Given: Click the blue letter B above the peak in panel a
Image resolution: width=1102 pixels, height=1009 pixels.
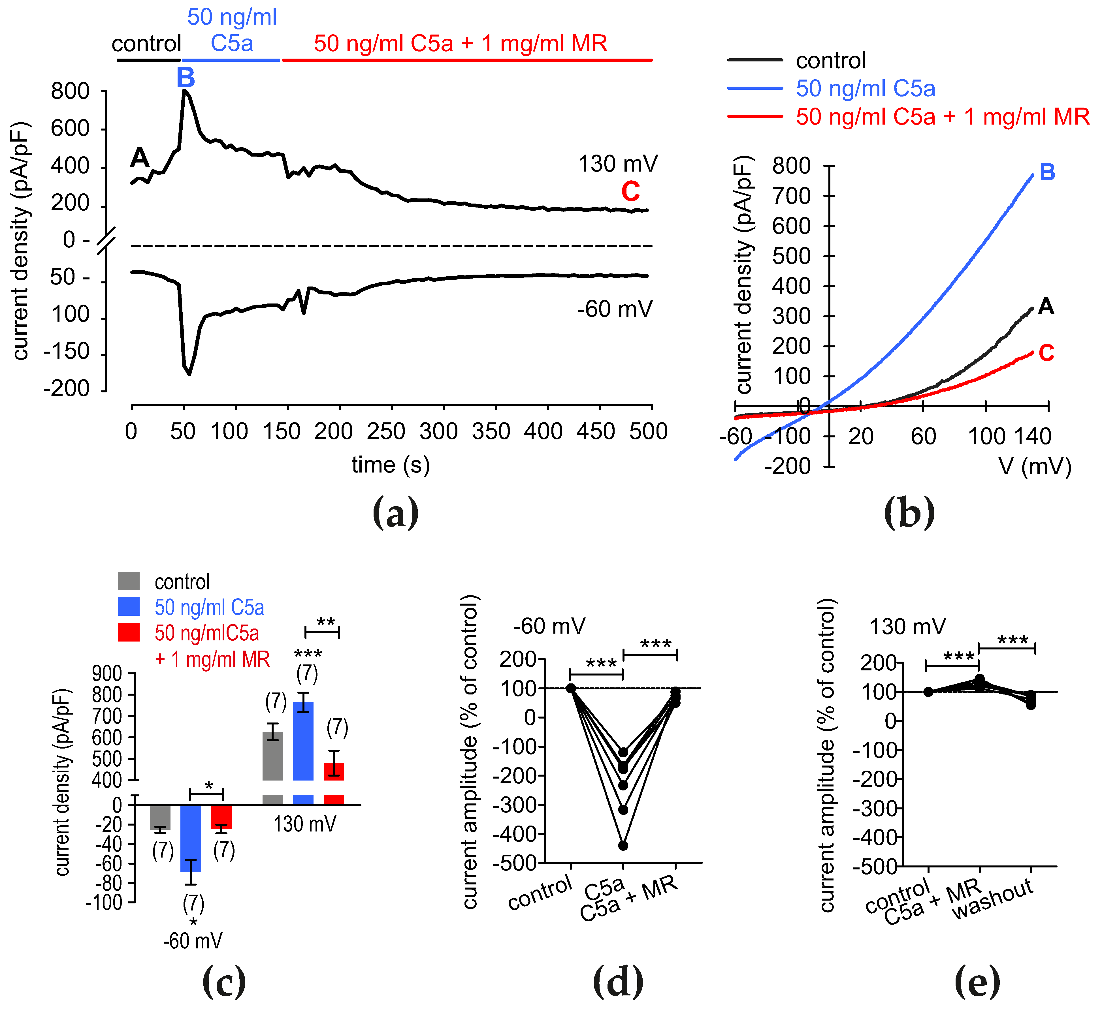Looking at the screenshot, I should click(185, 78).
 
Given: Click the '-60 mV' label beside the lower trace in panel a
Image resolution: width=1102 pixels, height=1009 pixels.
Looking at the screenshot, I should click(615, 309).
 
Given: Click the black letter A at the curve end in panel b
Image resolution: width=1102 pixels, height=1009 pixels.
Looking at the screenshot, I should click(1046, 307).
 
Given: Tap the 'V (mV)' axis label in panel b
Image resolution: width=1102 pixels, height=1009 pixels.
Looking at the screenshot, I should click(1035, 467).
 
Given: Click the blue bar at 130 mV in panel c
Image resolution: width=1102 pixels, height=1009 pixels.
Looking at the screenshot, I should click(303, 741).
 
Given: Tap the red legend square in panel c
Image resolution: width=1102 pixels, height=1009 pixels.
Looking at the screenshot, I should click(129, 632).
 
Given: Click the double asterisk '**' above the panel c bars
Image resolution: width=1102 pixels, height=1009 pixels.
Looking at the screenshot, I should click(326, 622).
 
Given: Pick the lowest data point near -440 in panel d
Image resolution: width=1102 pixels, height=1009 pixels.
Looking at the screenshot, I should click(623, 846).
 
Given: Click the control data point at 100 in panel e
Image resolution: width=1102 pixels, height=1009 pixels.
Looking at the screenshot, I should click(928, 692).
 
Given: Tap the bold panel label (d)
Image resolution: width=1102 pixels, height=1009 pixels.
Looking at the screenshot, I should click(618, 982).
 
